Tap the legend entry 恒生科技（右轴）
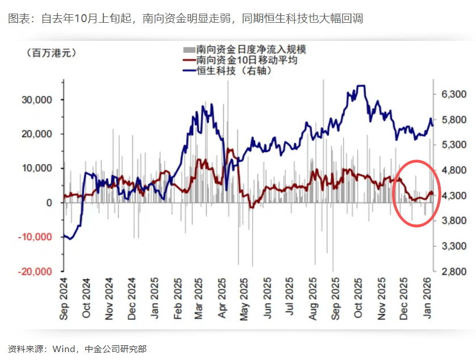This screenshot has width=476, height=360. (x=233, y=71)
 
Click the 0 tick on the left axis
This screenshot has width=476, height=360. (x=49, y=203)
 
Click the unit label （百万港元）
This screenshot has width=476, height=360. (x=51, y=53)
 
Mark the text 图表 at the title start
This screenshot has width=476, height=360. (x=17, y=19)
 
